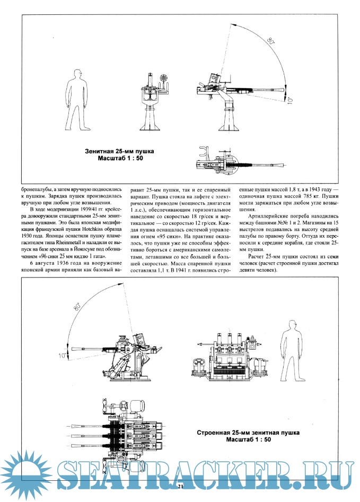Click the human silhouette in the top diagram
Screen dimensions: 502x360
click(x=78, y=100)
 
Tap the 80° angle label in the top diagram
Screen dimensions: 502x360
click(x=271, y=41)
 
